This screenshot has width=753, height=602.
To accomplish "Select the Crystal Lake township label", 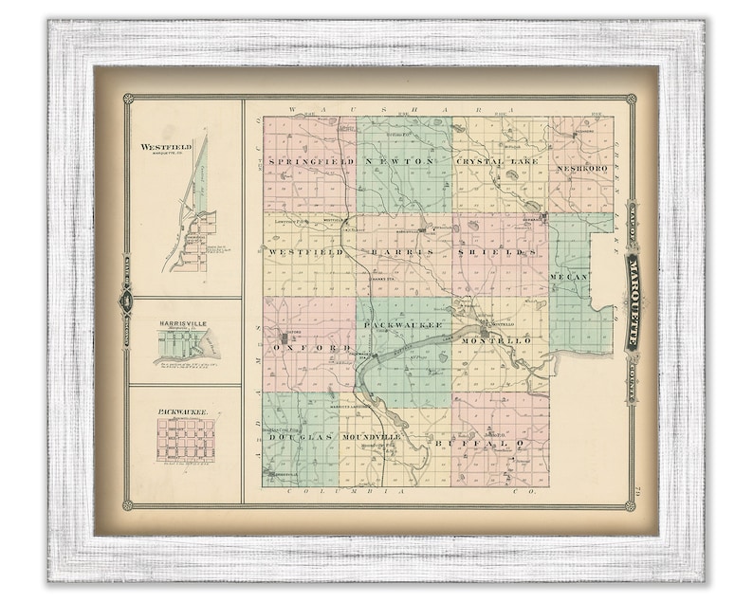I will [498, 161].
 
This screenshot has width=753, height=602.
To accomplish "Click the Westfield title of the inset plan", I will [166, 147].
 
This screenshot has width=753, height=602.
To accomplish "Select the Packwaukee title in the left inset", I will [182, 412].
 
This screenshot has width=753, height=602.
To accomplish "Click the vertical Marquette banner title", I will [631, 301].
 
